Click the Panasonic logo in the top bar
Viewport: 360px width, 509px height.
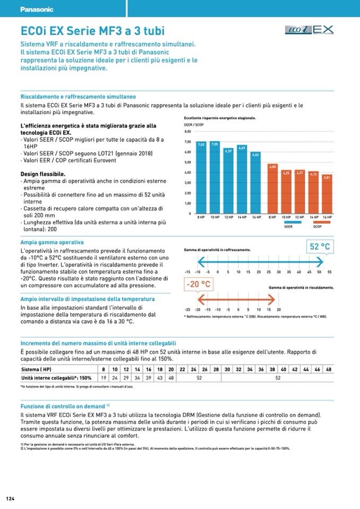[37, 10]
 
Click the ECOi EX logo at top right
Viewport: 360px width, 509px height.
[310, 30]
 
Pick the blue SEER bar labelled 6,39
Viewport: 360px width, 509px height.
[228, 180]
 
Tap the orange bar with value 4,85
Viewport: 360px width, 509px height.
[273, 188]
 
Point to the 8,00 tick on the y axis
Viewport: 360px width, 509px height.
[187, 131]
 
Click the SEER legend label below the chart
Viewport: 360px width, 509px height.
[288, 227]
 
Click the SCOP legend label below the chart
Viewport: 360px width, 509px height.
[318, 227]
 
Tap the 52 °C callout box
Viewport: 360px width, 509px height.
[320, 246]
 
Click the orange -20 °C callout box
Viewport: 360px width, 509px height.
[198, 284]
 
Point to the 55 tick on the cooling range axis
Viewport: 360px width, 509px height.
[330, 272]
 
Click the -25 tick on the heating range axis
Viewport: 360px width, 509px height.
[187, 309]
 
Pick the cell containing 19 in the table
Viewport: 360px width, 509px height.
[104, 378]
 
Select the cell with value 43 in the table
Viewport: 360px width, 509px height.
[160, 378]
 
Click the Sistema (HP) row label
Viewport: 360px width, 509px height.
[36, 369]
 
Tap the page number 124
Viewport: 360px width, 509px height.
[10, 498]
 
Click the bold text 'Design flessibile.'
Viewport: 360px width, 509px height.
[43, 174]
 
